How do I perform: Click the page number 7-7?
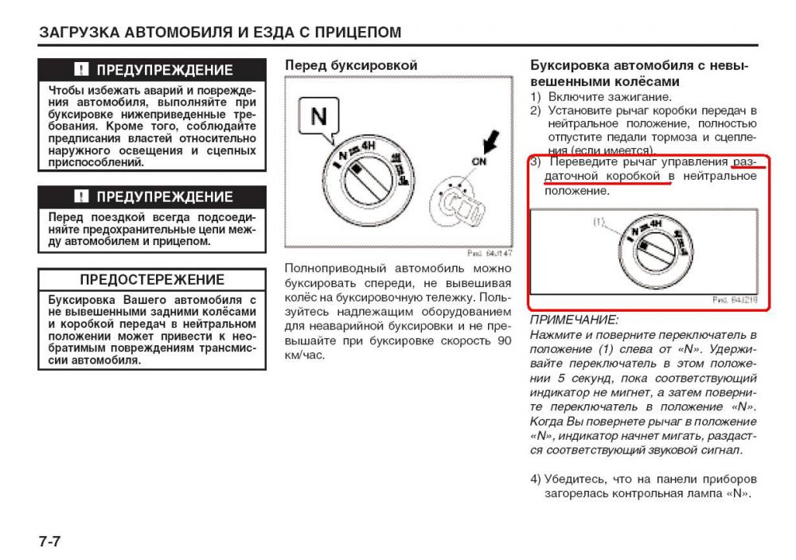pyautogui.click(x=49, y=542)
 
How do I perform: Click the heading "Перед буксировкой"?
pyautogui.click(x=350, y=65)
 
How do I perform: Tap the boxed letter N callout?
pyautogui.click(x=318, y=117)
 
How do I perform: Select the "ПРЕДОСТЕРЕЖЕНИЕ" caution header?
pyautogui.click(x=152, y=279)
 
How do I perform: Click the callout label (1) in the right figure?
pyautogui.click(x=599, y=223)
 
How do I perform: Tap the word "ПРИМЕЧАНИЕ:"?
pyautogui.click(x=574, y=320)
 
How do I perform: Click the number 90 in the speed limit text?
pyautogui.click(x=503, y=340)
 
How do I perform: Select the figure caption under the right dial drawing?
pyautogui.click(x=735, y=300)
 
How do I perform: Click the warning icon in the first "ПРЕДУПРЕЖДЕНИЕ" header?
pyautogui.click(x=81, y=69)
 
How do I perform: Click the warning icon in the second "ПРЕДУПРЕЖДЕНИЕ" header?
pyautogui.click(x=81, y=196)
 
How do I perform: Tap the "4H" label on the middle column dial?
pyautogui.click(x=366, y=146)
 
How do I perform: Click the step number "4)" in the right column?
pyautogui.click(x=537, y=479)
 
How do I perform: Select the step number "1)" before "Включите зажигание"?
pyautogui.click(x=537, y=97)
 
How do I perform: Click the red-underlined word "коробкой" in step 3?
pyautogui.click(x=634, y=176)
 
